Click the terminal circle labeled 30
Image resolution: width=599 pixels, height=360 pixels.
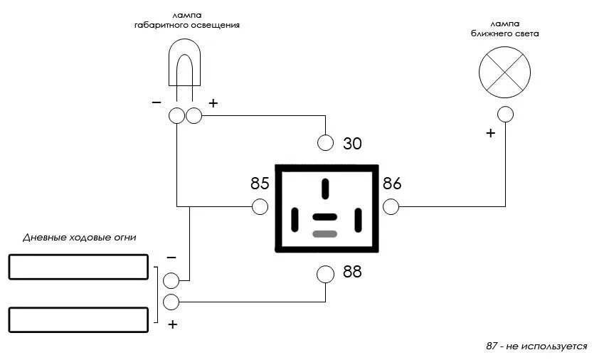[x=325, y=142]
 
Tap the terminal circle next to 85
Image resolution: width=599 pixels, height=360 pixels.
[x=260, y=207]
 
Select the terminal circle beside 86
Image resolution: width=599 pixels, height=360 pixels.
[x=391, y=207]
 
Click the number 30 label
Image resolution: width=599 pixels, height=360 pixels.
[x=352, y=144]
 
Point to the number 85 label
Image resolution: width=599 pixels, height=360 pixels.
[x=260, y=184]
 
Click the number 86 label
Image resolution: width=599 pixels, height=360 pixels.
[x=392, y=184]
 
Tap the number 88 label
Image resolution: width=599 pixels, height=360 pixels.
[x=352, y=272]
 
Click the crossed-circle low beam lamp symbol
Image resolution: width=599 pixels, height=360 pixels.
[x=504, y=72]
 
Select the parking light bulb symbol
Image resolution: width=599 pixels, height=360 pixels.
[x=184, y=68]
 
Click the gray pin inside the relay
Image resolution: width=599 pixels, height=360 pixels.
[x=325, y=233]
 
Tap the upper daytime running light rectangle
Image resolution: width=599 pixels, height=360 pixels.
[x=78, y=267]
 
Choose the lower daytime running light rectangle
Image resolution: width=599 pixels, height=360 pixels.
[x=78, y=319]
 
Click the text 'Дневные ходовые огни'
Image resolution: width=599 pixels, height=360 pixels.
[x=79, y=238]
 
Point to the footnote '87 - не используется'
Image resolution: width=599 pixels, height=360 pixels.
[x=536, y=346]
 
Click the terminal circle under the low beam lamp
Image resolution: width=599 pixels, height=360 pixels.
[x=505, y=114]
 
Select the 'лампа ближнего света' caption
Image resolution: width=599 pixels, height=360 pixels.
[x=504, y=28]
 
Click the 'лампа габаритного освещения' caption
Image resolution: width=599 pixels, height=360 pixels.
[x=187, y=20]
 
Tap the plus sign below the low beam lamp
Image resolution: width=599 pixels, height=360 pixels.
[x=490, y=133]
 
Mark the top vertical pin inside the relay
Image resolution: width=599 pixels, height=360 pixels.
[x=325, y=189]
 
